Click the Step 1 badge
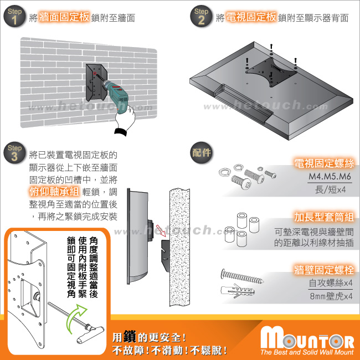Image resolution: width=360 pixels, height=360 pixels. (14, 16)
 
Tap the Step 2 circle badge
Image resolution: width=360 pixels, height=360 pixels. (201, 16)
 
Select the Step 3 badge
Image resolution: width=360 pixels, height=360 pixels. (14, 153)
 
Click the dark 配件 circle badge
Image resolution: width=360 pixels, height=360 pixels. (201, 153)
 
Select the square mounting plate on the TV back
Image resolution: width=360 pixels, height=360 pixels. (271, 71)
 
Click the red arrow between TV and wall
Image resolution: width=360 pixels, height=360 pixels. (161, 230)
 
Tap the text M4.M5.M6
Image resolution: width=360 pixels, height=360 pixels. (330, 176)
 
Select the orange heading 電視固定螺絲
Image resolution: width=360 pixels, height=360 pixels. (324, 163)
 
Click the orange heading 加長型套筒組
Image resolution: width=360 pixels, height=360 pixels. (324, 217)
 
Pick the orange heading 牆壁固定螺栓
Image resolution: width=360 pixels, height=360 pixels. (324, 270)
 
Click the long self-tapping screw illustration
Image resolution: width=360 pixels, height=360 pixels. (242, 276)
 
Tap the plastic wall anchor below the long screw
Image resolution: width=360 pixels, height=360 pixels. (238, 291)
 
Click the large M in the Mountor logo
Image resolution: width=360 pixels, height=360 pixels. (271, 337)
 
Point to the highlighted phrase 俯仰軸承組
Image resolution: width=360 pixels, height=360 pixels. (54, 191)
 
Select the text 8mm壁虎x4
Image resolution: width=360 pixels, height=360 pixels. (331, 296)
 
